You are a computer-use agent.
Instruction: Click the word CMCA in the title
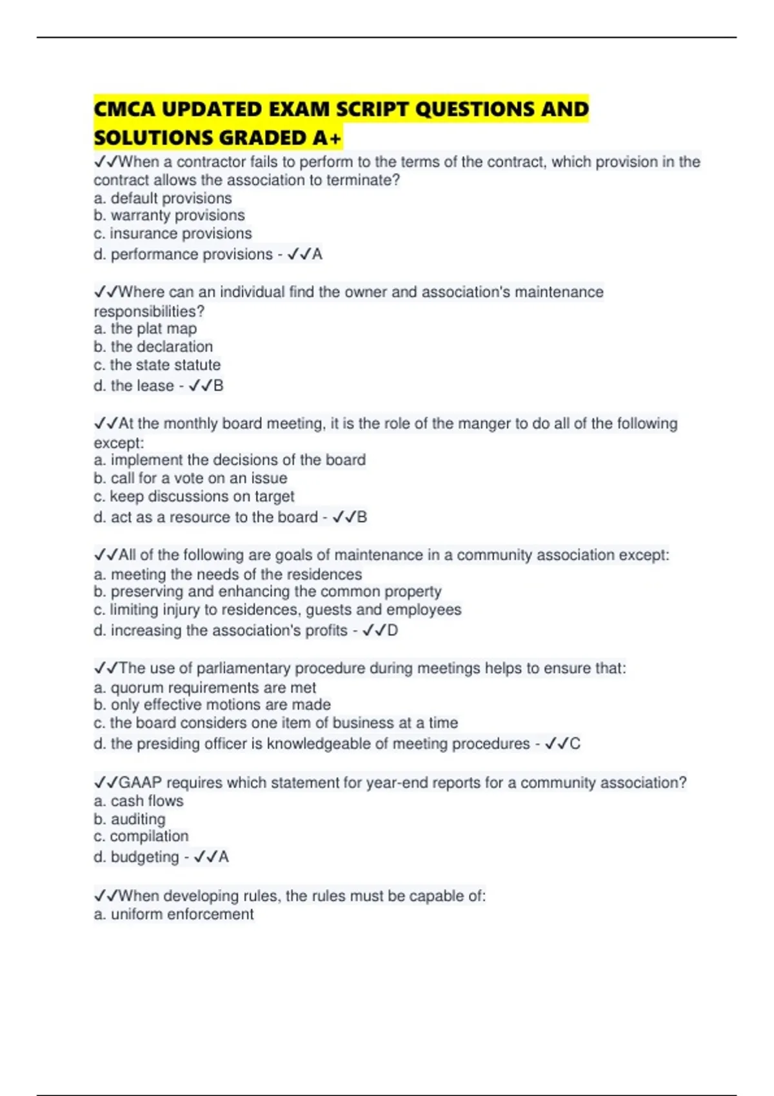pyautogui.click(x=124, y=109)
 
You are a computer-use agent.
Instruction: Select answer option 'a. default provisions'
pyautogui.click(x=163, y=198)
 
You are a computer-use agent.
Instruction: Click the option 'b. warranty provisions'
pyautogui.click(x=169, y=215)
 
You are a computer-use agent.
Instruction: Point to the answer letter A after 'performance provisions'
pyautogui.click(x=317, y=255)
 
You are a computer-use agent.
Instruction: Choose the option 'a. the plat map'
pyautogui.click(x=145, y=329)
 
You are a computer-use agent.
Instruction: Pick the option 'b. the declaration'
pyautogui.click(x=153, y=346)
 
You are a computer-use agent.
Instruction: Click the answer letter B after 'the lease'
pyautogui.click(x=218, y=386)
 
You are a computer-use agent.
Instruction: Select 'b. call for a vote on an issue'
pyautogui.click(x=190, y=478)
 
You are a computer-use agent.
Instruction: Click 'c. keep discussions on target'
pyautogui.click(x=193, y=496)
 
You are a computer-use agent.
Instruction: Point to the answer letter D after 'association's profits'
pyautogui.click(x=392, y=631)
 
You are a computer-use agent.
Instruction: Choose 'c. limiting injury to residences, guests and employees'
pyautogui.click(x=277, y=610)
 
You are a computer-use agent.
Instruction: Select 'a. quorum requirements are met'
pyautogui.click(x=204, y=688)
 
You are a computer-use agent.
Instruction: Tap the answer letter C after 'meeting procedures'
pyautogui.click(x=575, y=744)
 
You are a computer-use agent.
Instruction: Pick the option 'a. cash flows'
pyautogui.click(x=138, y=801)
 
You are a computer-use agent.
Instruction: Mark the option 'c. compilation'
pyautogui.click(x=141, y=836)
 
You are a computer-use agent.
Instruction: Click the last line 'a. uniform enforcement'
pyautogui.click(x=174, y=914)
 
